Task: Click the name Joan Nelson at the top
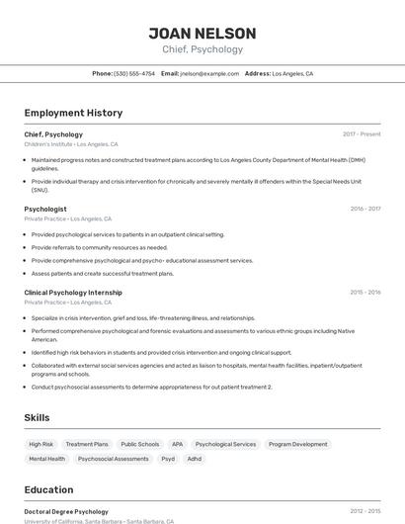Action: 202,34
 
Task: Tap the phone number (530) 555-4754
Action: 134,73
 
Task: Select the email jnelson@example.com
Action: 209,73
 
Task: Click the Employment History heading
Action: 73,113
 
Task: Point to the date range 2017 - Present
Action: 362,133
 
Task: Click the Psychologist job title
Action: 45,209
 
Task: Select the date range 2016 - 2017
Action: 364,209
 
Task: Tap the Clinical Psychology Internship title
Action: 73,293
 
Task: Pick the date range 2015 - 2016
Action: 364,293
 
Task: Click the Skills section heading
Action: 37,418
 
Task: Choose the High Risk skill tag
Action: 41,444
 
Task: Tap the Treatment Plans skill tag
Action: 87,444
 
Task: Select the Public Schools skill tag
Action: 140,444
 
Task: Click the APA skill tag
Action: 178,444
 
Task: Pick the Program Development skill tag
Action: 297,444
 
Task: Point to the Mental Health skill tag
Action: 46,459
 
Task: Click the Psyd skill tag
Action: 168,459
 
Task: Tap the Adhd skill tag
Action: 195,459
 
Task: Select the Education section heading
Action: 48,489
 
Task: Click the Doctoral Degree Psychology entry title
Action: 66,511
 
